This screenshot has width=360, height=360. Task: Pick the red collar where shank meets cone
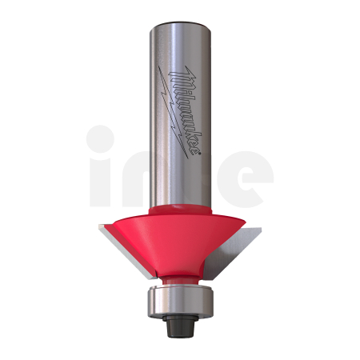tap(180, 210)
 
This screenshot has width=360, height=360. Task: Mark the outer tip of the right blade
tap(261, 227)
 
